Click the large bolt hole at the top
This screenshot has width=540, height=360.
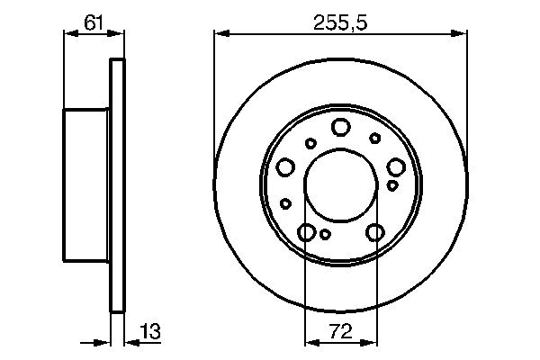click(x=340, y=127)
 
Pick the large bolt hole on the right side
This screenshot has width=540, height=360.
click(x=395, y=166)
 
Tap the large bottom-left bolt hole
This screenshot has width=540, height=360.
click(x=307, y=233)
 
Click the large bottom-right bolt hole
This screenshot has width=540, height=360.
click(x=374, y=233)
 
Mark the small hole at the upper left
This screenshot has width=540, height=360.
click(x=310, y=142)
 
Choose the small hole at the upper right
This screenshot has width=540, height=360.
click(x=374, y=138)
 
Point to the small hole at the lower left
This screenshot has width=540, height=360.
click(x=286, y=203)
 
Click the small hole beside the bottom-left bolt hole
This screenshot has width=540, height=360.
click(x=326, y=236)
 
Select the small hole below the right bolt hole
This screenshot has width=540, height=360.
click(x=392, y=185)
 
